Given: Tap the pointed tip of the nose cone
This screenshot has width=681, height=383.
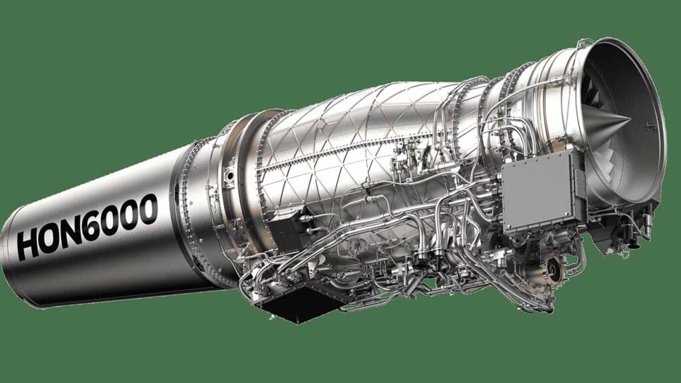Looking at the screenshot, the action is pyautogui.click(x=630, y=118).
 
